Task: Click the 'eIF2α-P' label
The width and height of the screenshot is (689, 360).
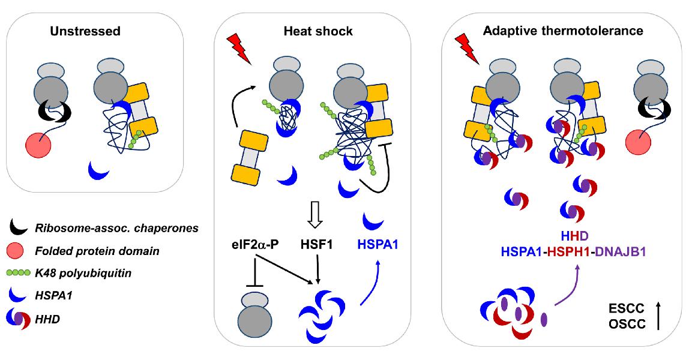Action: pos(255,245)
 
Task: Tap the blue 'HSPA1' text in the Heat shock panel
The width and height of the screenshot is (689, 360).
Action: pos(379,245)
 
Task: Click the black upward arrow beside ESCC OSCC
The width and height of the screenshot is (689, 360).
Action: pos(658,316)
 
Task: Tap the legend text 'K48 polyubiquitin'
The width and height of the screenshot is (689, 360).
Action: pos(88,273)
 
